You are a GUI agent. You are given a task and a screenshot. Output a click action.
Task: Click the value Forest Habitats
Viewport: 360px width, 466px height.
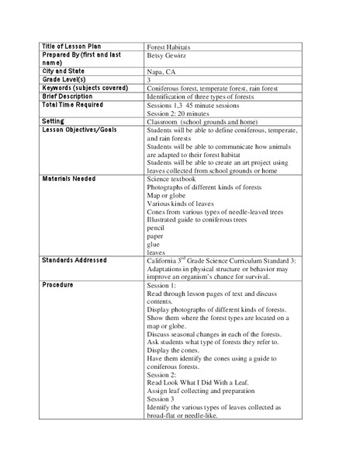[170, 47]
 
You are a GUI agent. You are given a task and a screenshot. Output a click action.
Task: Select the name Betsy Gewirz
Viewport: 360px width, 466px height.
[168, 56]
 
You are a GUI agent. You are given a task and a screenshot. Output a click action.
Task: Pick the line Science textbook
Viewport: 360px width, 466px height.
[175, 179]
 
